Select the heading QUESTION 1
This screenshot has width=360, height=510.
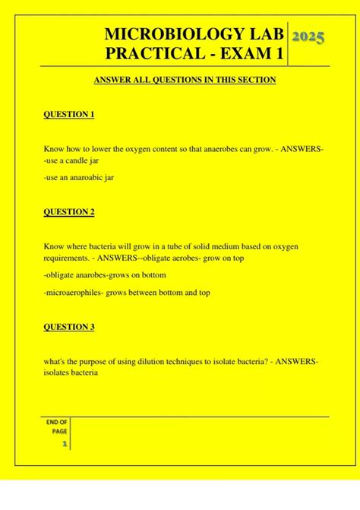(x=69, y=115)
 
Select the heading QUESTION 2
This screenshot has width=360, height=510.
(x=69, y=212)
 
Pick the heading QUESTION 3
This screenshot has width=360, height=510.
(x=69, y=327)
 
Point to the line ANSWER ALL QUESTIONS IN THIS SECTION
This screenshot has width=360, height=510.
(x=184, y=80)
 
